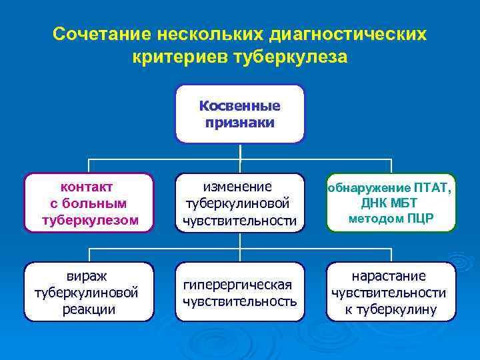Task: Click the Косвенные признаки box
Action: tap(240, 114)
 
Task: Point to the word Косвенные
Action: tap(240, 107)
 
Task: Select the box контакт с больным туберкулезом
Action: tap(90, 203)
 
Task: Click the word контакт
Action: tap(90, 187)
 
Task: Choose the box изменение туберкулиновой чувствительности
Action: tap(240, 203)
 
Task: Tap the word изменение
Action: tap(240, 187)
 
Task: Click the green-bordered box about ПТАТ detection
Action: tap(391, 203)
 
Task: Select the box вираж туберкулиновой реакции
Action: tap(90, 292)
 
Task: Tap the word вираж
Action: tap(90, 275)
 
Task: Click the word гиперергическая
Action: tap(240, 285)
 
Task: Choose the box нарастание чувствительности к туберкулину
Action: tap(391, 292)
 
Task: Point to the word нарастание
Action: tap(391, 275)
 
